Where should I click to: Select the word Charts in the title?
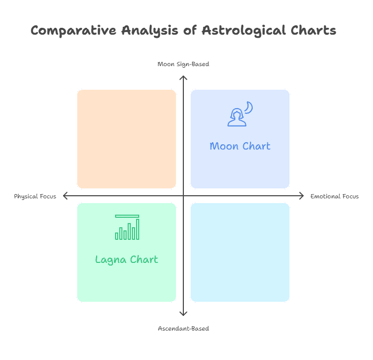313,30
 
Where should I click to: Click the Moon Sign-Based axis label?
183,64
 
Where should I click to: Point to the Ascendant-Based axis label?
183,329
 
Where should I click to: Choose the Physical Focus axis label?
35,196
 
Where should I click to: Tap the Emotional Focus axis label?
335,196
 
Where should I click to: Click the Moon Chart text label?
240,146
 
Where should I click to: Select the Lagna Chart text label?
127,259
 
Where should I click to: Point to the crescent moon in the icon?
249,107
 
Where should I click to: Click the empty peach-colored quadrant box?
127,139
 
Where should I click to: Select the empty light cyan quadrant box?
240,252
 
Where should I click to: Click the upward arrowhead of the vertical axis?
183,78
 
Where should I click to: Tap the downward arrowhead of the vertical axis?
183,313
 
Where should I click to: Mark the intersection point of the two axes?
183,196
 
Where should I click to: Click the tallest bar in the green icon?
138,229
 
